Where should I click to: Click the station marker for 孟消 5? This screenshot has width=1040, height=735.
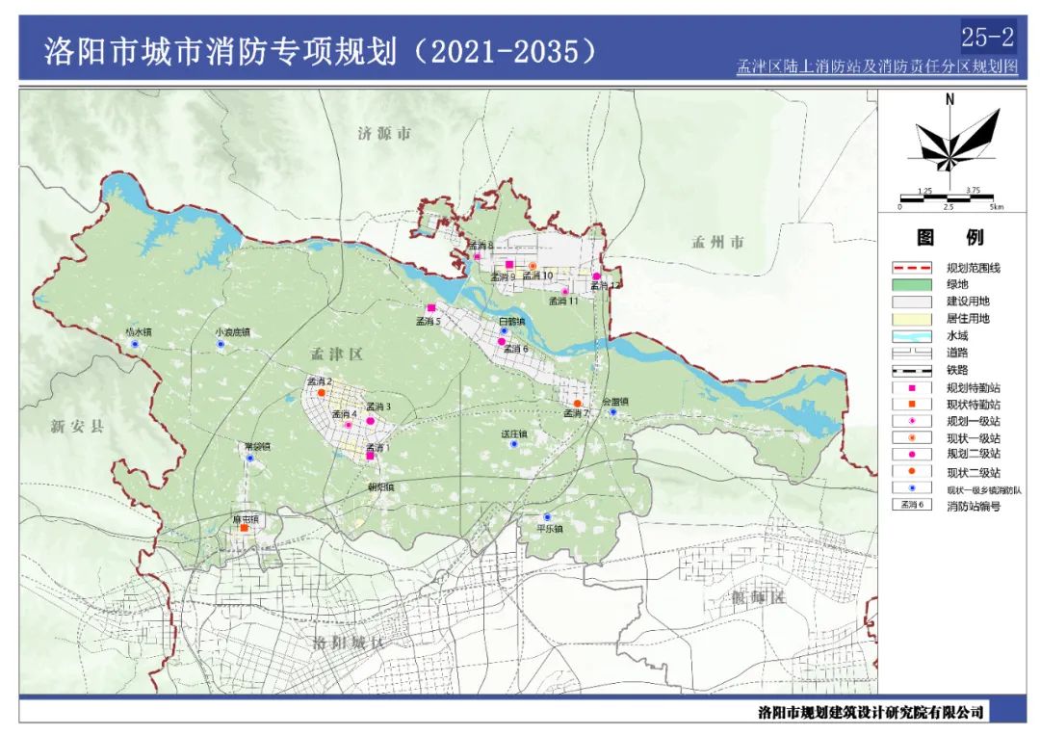tap(430, 308)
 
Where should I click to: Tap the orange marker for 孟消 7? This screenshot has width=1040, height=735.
tap(577, 404)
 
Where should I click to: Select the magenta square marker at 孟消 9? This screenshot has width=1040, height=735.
tap(509, 265)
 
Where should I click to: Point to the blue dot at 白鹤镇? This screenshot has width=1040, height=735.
tap(504, 330)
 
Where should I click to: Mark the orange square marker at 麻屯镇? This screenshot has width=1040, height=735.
tap(245, 528)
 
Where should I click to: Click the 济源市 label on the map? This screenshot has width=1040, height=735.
tap(383, 135)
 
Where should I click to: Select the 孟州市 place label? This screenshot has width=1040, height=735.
tap(717, 243)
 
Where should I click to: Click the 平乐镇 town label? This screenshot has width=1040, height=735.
tap(549, 529)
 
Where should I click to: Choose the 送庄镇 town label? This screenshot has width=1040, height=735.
tap(514, 433)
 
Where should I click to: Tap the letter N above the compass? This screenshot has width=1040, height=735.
tap(949, 99)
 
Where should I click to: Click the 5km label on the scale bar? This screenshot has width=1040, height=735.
tap(996, 207)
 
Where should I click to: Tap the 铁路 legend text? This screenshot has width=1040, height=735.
tap(958, 370)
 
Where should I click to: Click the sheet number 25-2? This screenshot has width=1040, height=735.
tap(987, 38)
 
